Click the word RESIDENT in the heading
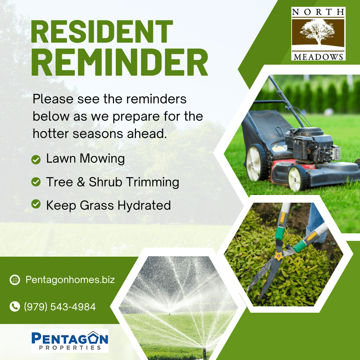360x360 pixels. coord(102,32)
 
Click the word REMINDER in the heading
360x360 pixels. coord(119,62)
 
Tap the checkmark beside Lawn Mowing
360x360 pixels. coord(36,160)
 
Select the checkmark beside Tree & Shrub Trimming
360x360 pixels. coord(36,182)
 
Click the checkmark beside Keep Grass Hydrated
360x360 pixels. coord(36,204)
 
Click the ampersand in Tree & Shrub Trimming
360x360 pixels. coord(81,182)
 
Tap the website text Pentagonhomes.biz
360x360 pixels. coord(70,280)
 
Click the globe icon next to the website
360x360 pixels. coord(15,280)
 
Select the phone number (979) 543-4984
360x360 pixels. coord(60,307)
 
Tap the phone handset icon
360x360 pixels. coord(15,307)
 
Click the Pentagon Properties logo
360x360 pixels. coord(70,341)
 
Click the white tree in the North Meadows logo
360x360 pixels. coord(318,31)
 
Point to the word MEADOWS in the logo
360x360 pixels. coord(318,57)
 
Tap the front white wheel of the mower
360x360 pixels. coord(297,178)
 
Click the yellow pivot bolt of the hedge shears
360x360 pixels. coord(278,256)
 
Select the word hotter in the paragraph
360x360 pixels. coord(51,134)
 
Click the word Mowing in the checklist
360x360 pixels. coord(102,159)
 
